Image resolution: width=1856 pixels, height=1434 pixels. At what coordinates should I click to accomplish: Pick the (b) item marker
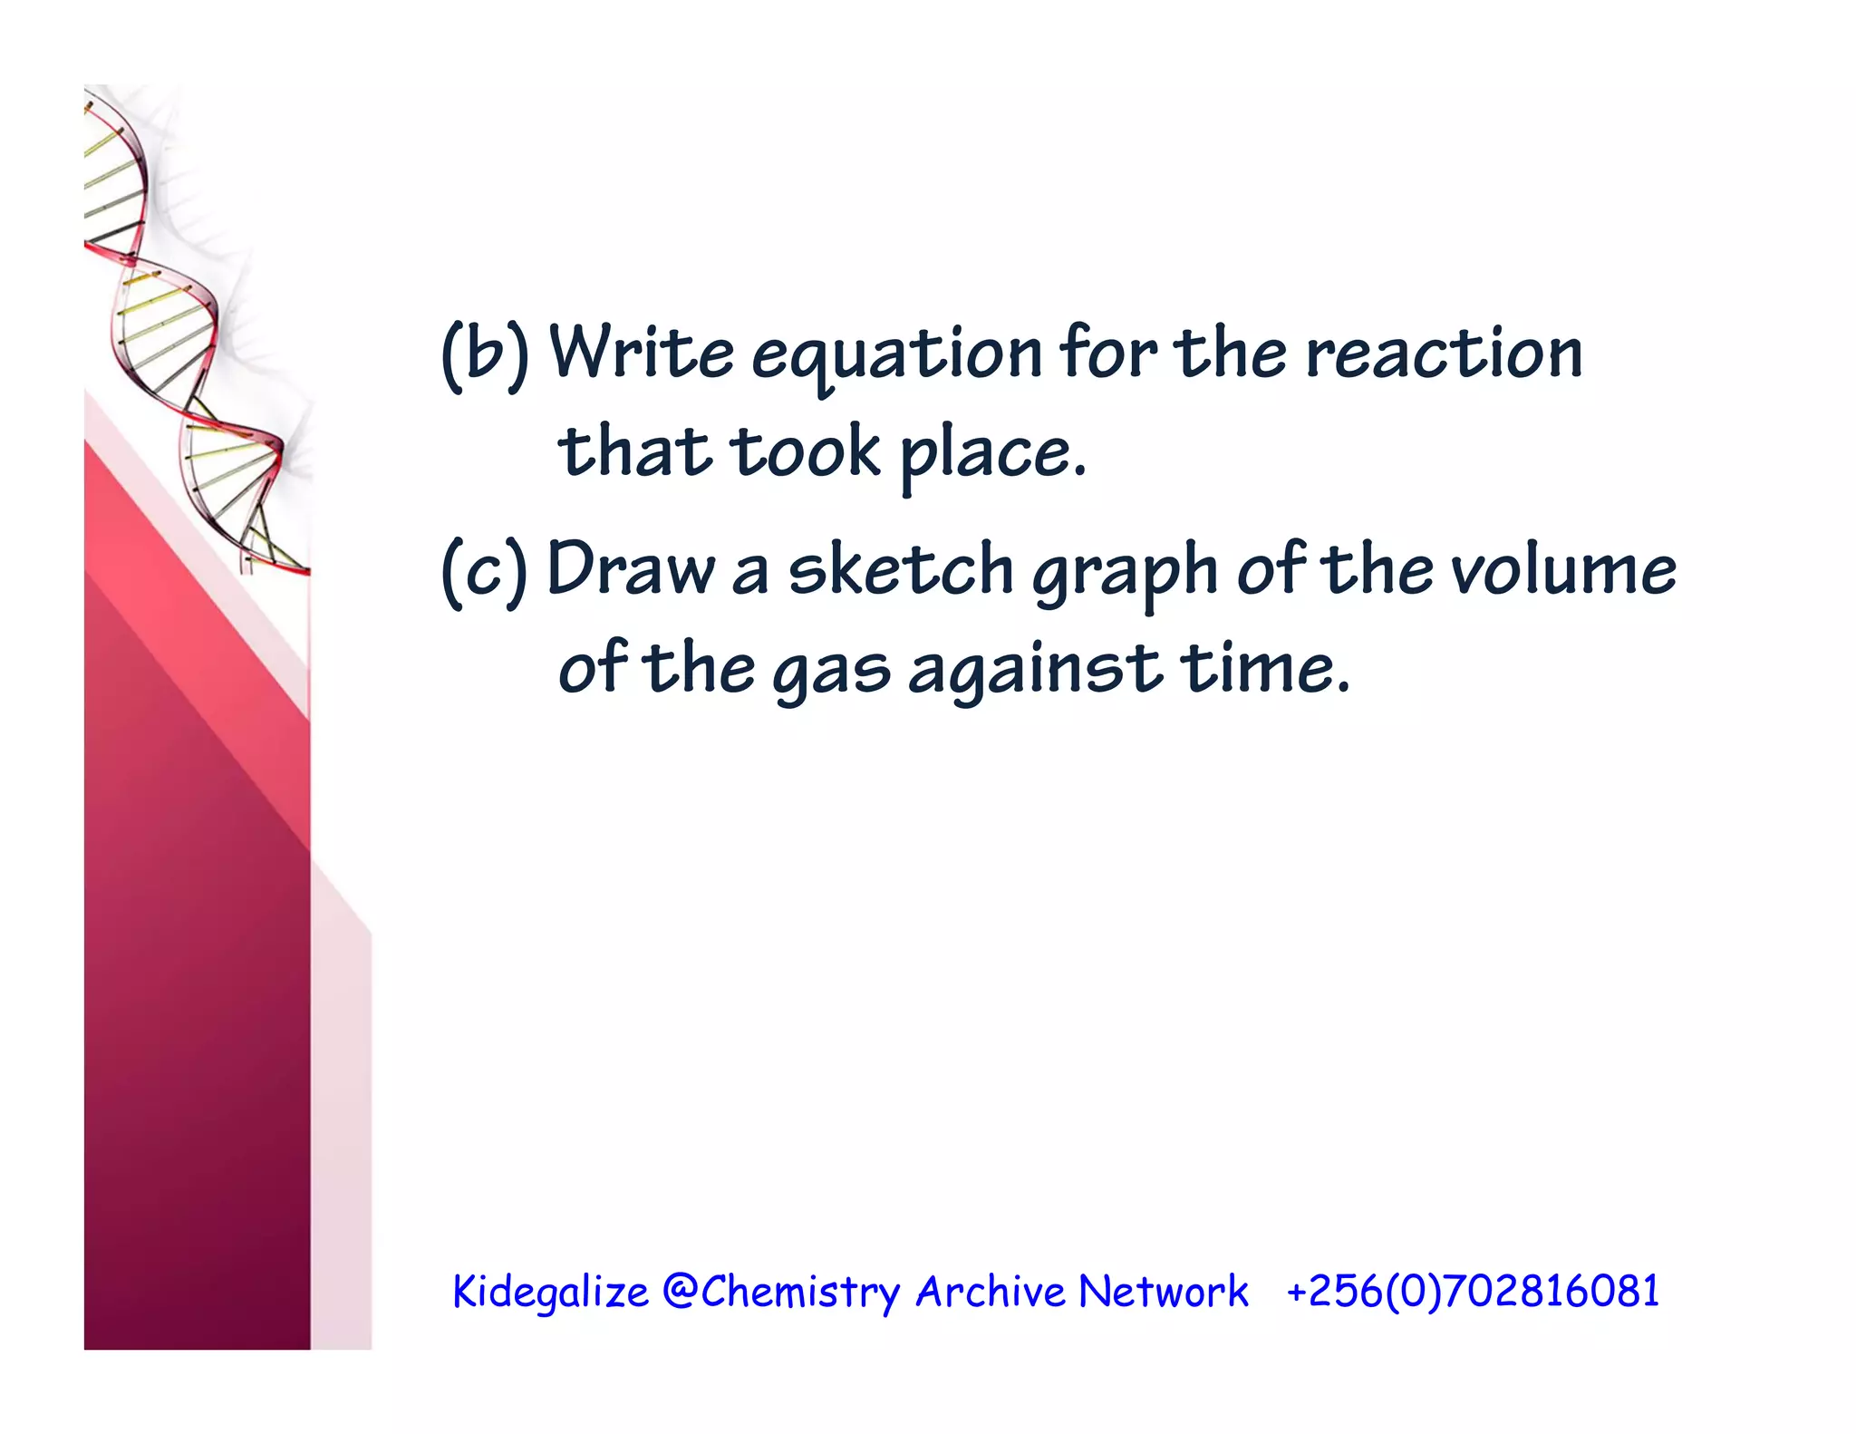point(485,355)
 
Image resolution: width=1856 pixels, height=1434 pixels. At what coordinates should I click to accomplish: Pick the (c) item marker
point(484,571)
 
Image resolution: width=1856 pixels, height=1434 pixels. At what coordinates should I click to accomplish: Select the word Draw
point(631,569)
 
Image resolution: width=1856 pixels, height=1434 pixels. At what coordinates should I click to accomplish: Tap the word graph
point(1125,573)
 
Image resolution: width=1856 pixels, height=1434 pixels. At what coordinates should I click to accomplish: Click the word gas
point(831,671)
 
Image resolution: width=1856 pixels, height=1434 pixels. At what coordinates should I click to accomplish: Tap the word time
point(1263,667)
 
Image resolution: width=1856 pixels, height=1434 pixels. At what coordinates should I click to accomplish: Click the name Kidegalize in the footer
point(550,1291)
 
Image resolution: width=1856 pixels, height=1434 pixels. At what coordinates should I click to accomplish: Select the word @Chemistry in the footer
point(781,1291)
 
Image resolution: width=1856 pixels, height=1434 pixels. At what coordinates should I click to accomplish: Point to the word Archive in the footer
point(991,1291)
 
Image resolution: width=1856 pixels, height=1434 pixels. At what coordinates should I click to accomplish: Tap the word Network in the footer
point(1164,1291)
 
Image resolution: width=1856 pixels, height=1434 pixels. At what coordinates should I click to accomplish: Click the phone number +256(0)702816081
point(1472,1291)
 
